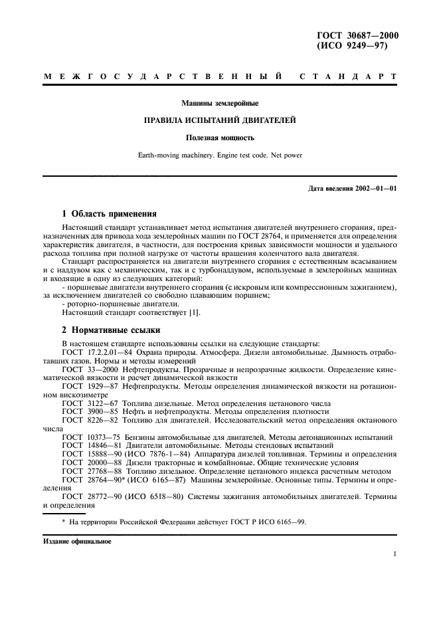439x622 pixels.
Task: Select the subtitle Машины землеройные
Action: (220, 103)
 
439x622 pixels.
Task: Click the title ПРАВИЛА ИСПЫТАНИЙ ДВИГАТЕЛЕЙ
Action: (220, 120)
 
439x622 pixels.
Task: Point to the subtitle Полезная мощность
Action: (220, 138)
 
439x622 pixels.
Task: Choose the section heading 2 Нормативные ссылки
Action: (109, 330)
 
